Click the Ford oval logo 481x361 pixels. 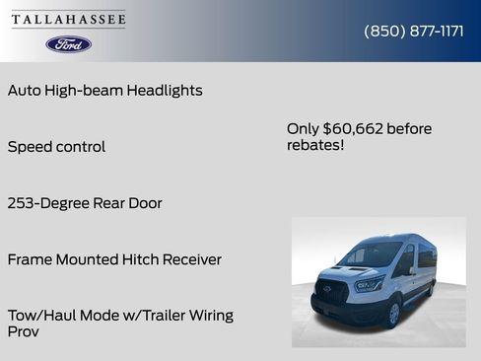69,44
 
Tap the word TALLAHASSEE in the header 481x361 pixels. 69,20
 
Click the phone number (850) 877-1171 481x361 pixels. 414,31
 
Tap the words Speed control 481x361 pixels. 56,146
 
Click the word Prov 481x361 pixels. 24,332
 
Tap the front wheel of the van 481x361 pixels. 393,315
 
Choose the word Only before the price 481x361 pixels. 303,128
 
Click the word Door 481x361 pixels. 143,203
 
